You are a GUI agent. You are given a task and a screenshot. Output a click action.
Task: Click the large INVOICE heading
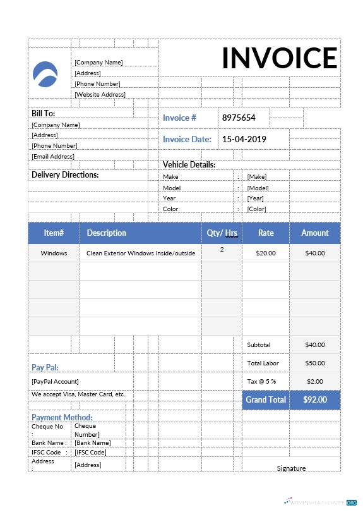(280, 58)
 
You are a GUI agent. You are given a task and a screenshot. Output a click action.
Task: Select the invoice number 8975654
(238, 118)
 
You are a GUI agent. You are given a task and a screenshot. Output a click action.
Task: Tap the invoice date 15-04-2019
(244, 139)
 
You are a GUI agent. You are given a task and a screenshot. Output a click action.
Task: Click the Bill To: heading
(44, 113)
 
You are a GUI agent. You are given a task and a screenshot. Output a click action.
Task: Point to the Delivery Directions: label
(65, 174)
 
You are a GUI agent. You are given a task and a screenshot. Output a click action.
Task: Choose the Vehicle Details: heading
(189, 164)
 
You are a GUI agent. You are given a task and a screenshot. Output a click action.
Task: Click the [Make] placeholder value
(256, 177)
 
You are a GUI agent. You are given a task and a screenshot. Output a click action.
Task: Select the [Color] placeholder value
(256, 209)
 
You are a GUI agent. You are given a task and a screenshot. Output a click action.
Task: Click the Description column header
(107, 233)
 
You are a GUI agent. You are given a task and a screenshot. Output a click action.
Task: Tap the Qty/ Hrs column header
(222, 233)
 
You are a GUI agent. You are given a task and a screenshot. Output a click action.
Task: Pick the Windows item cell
(54, 253)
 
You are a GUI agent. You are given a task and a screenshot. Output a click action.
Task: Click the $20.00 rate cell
(266, 253)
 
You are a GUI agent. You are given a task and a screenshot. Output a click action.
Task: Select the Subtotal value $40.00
(314, 344)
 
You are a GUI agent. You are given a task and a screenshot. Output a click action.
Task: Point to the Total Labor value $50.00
(314, 363)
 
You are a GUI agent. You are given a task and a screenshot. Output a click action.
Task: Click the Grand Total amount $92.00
(314, 399)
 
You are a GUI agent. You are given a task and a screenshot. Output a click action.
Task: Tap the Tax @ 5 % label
(261, 381)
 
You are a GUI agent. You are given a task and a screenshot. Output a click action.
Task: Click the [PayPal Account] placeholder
(56, 381)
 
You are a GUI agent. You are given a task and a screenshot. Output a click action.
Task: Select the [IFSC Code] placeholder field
(90, 452)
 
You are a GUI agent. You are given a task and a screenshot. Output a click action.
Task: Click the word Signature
(291, 468)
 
